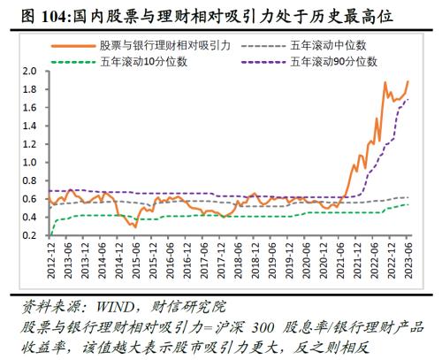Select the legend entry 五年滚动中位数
pos(328,43)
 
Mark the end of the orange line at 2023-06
pos(408,81)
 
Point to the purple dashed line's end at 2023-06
pos(408,99)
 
